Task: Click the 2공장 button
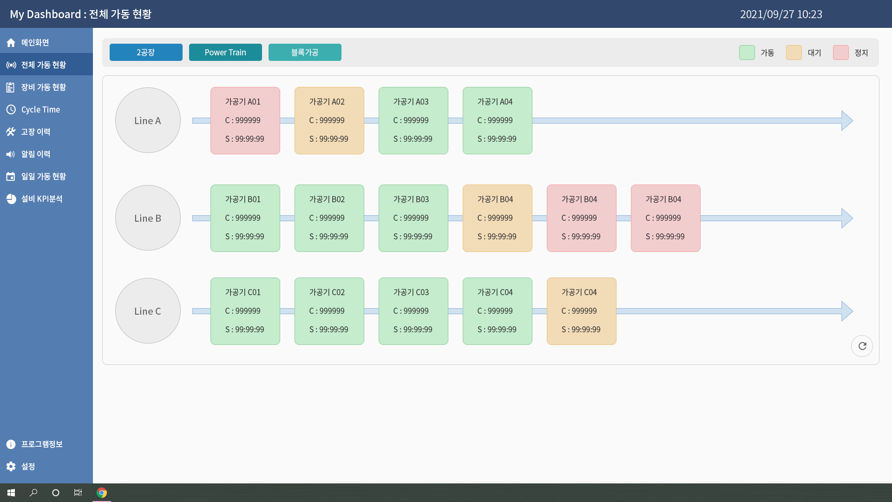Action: pyautogui.click(x=146, y=53)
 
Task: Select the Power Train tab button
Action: pyautogui.click(x=225, y=53)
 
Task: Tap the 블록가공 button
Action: pyautogui.click(x=305, y=53)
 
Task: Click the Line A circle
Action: pyautogui.click(x=148, y=120)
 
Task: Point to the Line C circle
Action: pyautogui.click(x=148, y=311)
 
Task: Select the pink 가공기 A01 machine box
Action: pyautogui.click(x=245, y=120)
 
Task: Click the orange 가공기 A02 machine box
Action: pyautogui.click(x=329, y=120)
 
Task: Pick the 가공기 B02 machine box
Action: pyautogui.click(x=329, y=218)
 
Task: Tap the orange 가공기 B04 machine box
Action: pyautogui.click(x=498, y=218)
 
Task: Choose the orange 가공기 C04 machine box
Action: pyautogui.click(x=582, y=311)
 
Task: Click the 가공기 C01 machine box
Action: pyautogui.click(x=245, y=311)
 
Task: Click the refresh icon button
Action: pyautogui.click(x=862, y=346)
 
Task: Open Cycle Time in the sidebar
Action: pyautogui.click(x=40, y=110)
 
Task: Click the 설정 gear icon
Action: pyautogui.click(x=11, y=466)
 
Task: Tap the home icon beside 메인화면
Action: pyautogui.click(x=11, y=43)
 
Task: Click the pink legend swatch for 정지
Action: pyautogui.click(x=841, y=53)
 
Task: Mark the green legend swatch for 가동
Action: pyautogui.click(x=747, y=53)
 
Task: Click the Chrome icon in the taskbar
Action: pyautogui.click(x=102, y=493)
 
